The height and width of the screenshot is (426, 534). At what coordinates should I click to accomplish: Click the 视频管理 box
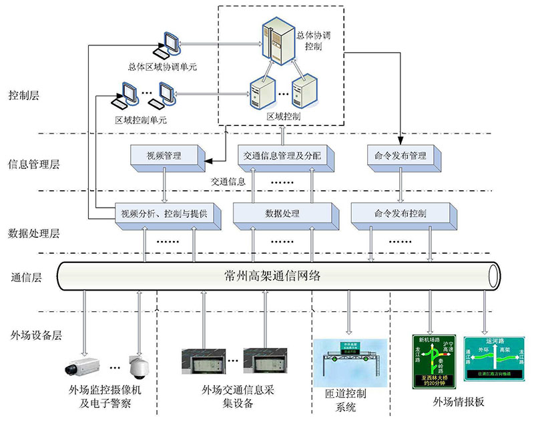[164, 156]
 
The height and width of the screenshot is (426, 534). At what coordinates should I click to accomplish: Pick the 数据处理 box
[282, 214]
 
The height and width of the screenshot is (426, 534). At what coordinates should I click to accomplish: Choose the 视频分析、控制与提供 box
[164, 214]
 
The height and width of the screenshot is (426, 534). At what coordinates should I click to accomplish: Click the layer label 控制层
[25, 95]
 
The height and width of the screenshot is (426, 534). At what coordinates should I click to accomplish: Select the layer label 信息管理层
[33, 164]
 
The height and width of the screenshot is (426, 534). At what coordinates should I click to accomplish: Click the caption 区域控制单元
[141, 121]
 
